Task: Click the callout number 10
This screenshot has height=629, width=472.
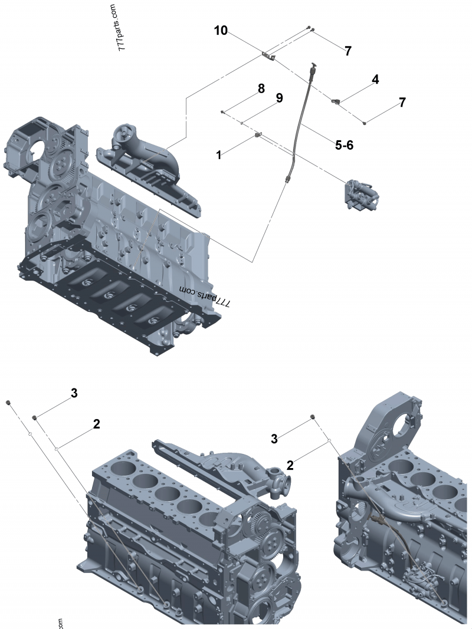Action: click(x=221, y=31)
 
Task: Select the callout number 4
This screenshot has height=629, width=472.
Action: click(x=375, y=78)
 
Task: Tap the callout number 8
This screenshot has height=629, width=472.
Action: click(x=260, y=90)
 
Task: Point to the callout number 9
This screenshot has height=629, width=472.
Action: click(x=279, y=98)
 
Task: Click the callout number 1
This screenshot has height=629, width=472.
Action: click(x=219, y=155)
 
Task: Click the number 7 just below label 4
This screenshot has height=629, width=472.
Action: click(x=402, y=102)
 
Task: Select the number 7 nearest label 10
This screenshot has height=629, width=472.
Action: click(x=348, y=51)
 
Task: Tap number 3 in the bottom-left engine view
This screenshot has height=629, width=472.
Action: click(x=74, y=393)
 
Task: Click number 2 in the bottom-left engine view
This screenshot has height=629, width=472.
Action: click(x=96, y=423)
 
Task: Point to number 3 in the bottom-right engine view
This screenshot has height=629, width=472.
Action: click(x=274, y=438)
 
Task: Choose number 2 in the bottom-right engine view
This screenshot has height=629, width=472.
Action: click(x=290, y=464)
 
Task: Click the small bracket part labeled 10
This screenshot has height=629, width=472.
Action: click(x=269, y=56)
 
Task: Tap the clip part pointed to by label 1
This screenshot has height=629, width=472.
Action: click(x=258, y=136)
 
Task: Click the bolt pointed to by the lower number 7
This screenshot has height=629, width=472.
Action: click(x=365, y=123)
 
